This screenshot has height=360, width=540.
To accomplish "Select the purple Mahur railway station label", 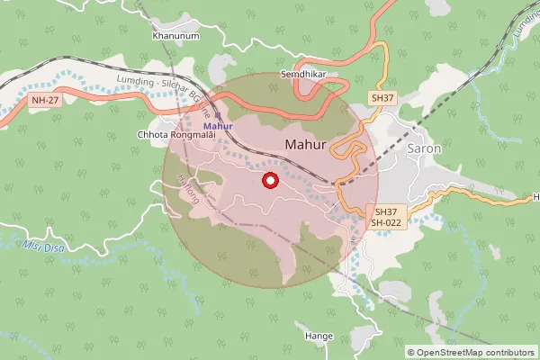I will (218, 126).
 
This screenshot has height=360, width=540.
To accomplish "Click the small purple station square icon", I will (218, 115).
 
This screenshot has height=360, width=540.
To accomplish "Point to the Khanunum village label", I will (175, 36).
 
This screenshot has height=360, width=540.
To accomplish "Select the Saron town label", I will (425, 148).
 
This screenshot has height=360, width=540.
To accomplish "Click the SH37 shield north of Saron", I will (382, 97).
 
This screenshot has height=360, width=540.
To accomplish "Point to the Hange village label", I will (319, 336).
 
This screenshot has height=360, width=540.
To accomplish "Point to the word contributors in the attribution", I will (505, 353).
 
